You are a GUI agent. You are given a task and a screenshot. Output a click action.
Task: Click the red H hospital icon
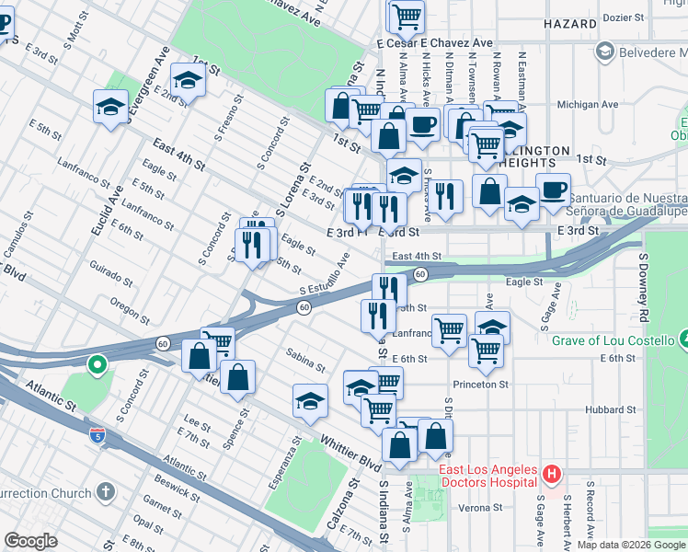(x=551, y=475)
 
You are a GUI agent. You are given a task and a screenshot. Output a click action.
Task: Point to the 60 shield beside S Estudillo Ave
(x=303, y=307)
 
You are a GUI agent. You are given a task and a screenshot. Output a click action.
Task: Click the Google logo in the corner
(x=31, y=541)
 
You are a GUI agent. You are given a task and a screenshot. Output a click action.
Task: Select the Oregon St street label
(x=129, y=307)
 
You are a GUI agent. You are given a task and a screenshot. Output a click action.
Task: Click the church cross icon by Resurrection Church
(x=106, y=492)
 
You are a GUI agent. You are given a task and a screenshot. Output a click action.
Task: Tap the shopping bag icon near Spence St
(x=237, y=377)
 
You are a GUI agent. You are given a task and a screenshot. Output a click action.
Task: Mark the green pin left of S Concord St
(x=97, y=366)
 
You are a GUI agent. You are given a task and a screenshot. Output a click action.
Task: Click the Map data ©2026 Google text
(x=630, y=545)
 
